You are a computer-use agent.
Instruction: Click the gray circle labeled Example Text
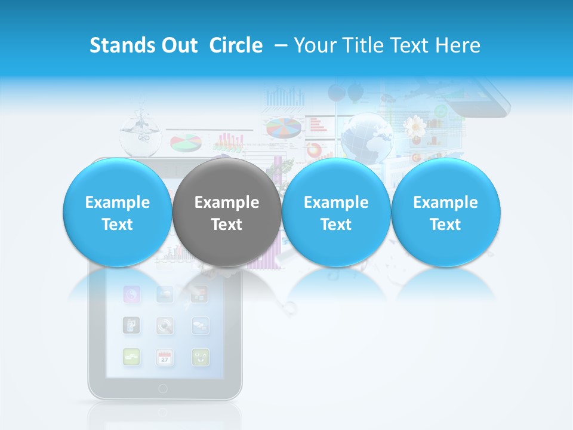(226, 213)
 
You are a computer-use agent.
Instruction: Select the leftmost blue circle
(117, 213)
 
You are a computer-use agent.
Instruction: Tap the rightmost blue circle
(445, 213)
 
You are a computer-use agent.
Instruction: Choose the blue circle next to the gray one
(335, 213)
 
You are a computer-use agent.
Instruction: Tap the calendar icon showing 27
(165, 357)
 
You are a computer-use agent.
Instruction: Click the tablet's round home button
(163, 389)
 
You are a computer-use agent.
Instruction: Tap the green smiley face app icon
(200, 357)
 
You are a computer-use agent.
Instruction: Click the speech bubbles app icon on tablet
(200, 325)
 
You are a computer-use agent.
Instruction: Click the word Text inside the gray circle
(226, 225)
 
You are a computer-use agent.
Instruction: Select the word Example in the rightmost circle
(445, 202)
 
